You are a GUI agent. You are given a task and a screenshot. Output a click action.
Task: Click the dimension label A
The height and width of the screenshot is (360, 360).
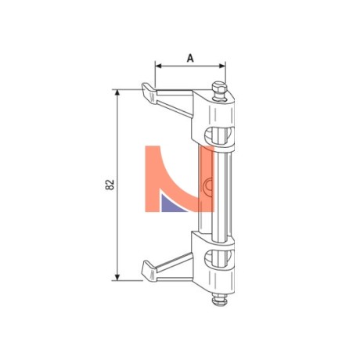point(190,58)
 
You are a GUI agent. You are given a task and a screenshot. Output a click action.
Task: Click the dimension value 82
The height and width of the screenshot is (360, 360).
point(110,185)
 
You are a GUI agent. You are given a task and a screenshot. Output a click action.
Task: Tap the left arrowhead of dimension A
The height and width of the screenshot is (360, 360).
point(158,66)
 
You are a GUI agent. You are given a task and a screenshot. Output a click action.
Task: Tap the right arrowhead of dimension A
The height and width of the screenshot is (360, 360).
point(222,66)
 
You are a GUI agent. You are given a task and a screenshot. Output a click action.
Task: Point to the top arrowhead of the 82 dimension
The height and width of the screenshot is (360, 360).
point(117,93)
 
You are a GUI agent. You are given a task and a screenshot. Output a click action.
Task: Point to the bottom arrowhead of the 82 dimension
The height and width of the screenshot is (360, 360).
point(117,277)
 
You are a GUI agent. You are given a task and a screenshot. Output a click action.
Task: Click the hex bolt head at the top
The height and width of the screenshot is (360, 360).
point(218,88)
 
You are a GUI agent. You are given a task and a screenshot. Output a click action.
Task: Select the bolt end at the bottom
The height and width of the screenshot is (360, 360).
point(220,299)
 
